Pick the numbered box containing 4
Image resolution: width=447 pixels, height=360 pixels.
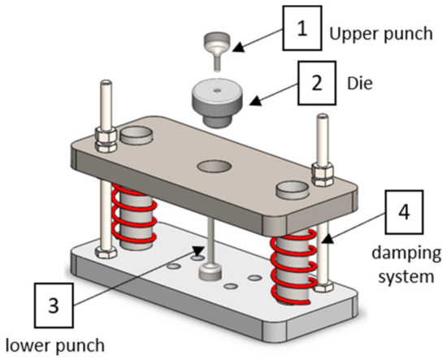403,210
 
